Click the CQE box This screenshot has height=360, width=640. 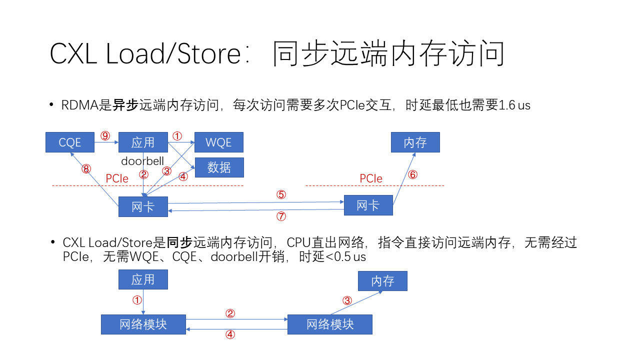[x=70, y=142]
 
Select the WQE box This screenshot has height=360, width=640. [x=219, y=142]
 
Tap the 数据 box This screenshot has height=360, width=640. [x=219, y=167]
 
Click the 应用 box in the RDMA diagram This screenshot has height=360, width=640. [x=143, y=142]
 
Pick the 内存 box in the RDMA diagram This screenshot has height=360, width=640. [x=415, y=142]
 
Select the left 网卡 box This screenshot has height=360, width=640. [x=143, y=206]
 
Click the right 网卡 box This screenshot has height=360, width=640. [x=368, y=205]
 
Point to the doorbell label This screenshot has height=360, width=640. [x=142, y=161]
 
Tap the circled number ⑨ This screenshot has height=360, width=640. [x=105, y=136]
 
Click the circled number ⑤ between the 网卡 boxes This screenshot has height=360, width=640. [x=281, y=194]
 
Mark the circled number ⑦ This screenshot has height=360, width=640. [x=281, y=216]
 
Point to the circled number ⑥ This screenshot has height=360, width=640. [x=412, y=174]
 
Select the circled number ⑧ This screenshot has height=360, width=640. [x=86, y=169]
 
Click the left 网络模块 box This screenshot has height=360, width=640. [x=143, y=324]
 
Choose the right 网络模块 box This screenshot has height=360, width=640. [x=330, y=324]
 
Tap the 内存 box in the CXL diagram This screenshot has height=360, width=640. [x=382, y=281]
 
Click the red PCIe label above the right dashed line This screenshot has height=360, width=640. [x=371, y=179]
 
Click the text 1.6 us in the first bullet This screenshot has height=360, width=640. [x=514, y=105]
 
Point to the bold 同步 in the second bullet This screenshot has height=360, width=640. [x=179, y=243]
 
